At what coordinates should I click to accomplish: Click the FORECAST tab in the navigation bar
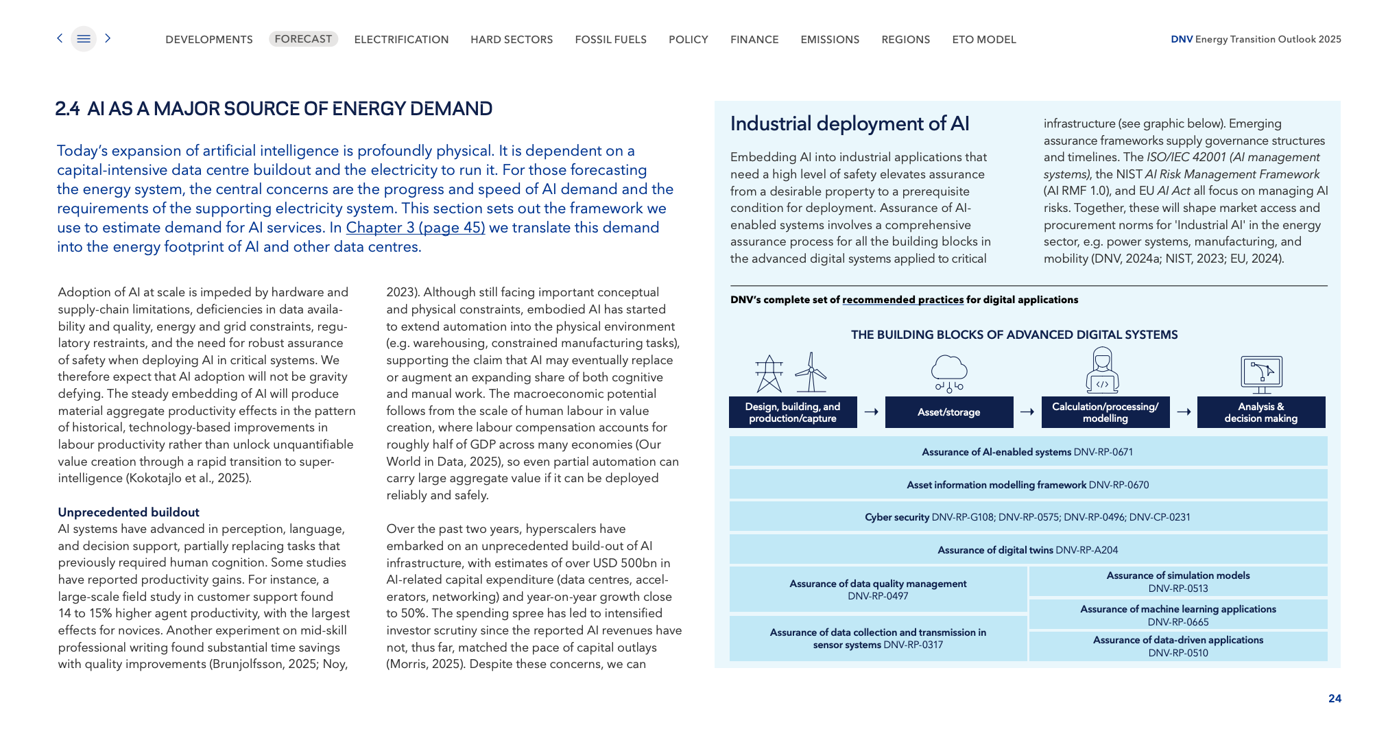[303, 39]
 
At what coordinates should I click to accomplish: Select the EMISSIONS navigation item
[830, 40]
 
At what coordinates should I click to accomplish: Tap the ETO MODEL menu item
[983, 40]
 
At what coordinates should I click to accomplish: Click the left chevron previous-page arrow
[60, 38]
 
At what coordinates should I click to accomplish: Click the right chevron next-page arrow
[108, 38]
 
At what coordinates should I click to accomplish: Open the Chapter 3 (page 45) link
[415, 228]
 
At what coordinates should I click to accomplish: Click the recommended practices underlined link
[902, 300]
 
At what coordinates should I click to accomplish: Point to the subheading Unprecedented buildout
[128, 512]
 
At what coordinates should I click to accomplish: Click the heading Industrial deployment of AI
[850, 123]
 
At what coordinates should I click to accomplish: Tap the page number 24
[1335, 698]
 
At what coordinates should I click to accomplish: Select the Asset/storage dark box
[948, 412]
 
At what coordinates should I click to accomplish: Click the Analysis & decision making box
[1260, 412]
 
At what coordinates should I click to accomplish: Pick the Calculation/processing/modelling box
[1105, 412]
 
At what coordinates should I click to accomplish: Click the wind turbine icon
[811, 373]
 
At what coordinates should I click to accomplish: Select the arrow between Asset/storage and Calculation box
[1027, 412]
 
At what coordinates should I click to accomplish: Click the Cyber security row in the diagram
[1027, 517]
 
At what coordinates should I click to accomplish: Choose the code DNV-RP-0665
[1178, 622]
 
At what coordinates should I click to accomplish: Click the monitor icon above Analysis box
[1261, 374]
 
